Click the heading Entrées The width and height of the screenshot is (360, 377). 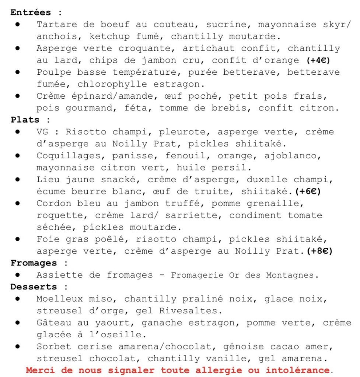pyautogui.click(x=31, y=13)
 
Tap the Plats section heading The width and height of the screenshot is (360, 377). pyautogui.click(x=25, y=120)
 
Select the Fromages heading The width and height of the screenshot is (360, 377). pyautogui.click(x=34, y=263)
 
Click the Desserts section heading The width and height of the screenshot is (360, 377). pyautogui.click(x=34, y=287)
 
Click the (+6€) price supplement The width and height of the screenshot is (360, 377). pyautogui.click(x=305, y=192)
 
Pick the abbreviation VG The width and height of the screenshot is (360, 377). pyautogui.click(x=42, y=132)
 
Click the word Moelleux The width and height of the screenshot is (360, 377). pyautogui.click(x=60, y=299)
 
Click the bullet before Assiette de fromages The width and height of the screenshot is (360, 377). pyautogui.click(x=17, y=275)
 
